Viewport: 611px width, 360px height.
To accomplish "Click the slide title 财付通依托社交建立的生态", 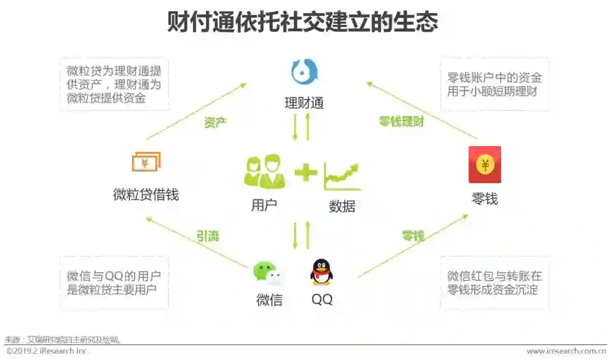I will pyautogui.click(x=302, y=23).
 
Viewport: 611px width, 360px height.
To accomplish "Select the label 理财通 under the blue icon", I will pyautogui.click(x=304, y=103).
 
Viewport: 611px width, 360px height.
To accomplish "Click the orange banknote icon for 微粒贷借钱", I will pyautogui.click(x=146, y=162).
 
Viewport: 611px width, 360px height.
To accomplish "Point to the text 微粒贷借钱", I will pyautogui.click(x=146, y=195).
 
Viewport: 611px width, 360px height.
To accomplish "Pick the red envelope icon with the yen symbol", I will pyautogui.click(x=485, y=165).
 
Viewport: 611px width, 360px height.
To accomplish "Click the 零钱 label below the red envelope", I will pyautogui.click(x=485, y=199).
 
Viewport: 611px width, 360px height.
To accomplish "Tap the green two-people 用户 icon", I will pyautogui.click(x=264, y=172).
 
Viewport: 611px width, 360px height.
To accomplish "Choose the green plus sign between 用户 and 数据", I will pyautogui.click(x=305, y=172).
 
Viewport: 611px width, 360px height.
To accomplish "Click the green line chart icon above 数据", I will pyautogui.click(x=342, y=176).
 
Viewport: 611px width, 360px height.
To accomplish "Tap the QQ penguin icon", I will pyautogui.click(x=321, y=272).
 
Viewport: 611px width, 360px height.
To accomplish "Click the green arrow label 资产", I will pyautogui.click(x=216, y=122).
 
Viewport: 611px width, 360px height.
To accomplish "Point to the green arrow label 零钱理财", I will pyautogui.click(x=401, y=122).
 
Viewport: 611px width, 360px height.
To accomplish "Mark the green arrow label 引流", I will pyautogui.click(x=208, y=236).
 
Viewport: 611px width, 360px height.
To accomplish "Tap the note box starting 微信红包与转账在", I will pyautogui.click(x=494, y=283).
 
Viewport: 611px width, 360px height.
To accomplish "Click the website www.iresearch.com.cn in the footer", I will pyautogui.click(x=566, y=352).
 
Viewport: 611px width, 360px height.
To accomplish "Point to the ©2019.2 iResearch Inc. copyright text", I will pyautogui.click(x=48, y=352).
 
